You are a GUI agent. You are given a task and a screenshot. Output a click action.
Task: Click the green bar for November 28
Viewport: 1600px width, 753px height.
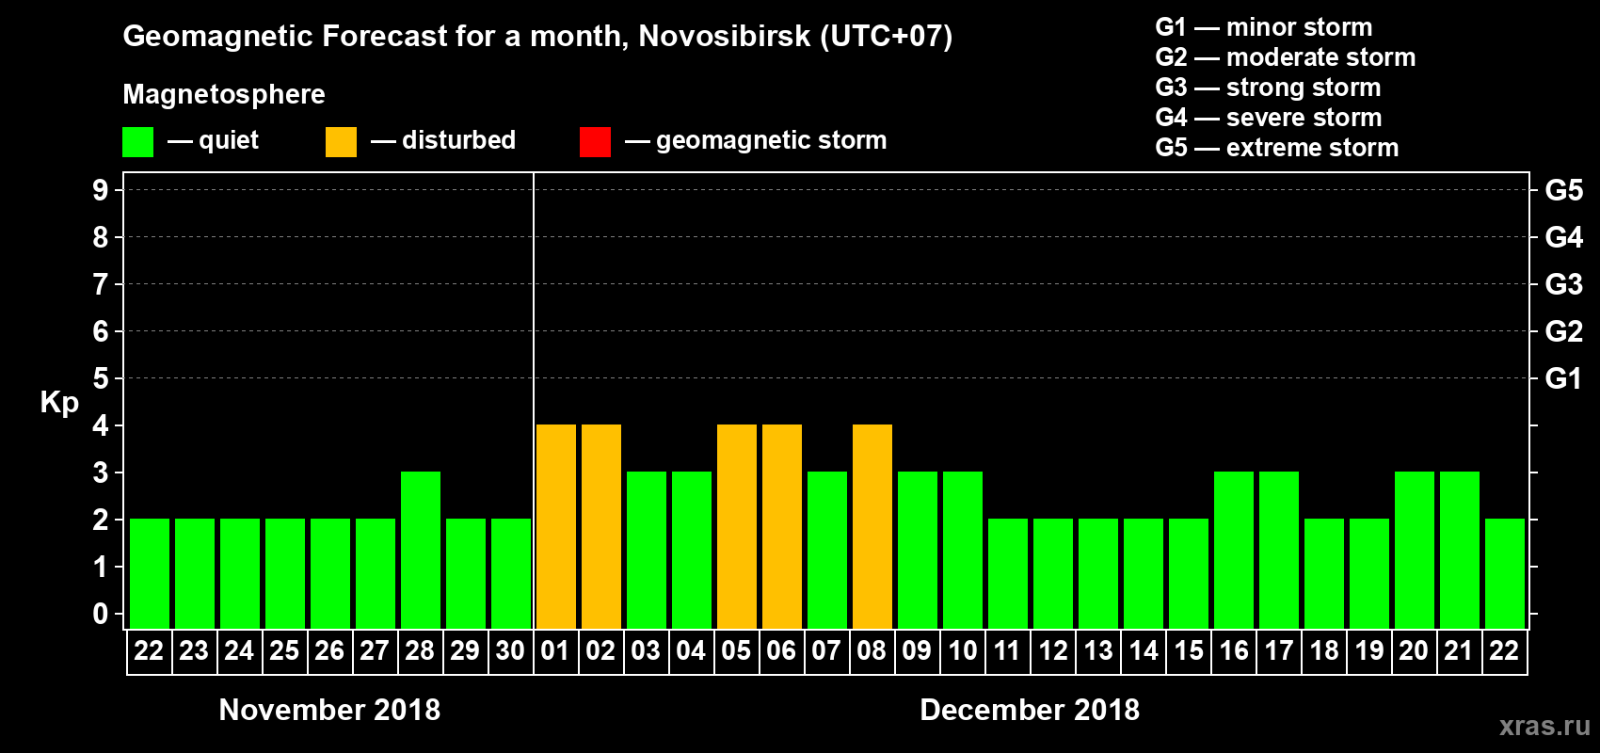(x=421, y=550)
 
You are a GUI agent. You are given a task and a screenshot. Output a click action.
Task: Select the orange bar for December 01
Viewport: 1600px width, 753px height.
(x=556, y=526)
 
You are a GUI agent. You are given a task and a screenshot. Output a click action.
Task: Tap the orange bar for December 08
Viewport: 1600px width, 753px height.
(x=872, y=526)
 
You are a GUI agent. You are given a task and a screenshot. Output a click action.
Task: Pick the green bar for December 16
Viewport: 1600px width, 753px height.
(x=1234, y=550)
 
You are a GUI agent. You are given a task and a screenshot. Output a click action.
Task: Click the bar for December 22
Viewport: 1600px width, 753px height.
(x=1505, y=573)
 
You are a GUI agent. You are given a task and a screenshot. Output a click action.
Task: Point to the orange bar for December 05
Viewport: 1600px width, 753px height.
(x=737, y=526)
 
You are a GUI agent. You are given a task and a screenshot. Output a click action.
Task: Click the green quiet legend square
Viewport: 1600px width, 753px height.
(x=138, y=142)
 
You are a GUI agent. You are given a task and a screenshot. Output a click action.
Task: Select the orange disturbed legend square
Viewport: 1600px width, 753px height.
(x=342, y=142)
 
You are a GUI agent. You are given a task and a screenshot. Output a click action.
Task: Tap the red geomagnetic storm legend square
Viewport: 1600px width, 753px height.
(x=595, y=142)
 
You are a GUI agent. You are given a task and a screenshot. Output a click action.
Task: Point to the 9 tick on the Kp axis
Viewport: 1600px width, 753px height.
(x=101, y=190)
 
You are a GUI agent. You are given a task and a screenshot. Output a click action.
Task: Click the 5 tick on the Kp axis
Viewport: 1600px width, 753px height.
(x=101, y=378)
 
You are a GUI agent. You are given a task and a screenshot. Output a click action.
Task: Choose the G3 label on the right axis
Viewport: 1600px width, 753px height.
(x=1563, y=284)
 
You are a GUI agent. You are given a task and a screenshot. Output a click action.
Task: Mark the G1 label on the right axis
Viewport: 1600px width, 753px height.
(x=1563, y=378)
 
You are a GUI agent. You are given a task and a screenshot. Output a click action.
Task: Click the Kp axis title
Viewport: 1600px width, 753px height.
(x=59, y=402)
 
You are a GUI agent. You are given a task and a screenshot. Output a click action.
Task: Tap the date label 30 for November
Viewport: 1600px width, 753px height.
(x=510, y=650)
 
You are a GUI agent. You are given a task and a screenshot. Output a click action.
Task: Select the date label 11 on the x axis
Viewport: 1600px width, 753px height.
(x=1007, y=650)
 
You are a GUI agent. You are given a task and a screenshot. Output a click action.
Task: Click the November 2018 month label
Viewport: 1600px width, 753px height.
(x=329, y=710)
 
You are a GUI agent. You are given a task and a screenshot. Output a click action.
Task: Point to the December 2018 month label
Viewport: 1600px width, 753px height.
(x=1030, y=710)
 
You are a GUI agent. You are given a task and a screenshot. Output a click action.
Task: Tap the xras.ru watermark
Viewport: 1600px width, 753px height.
(x=1544, y=726)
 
